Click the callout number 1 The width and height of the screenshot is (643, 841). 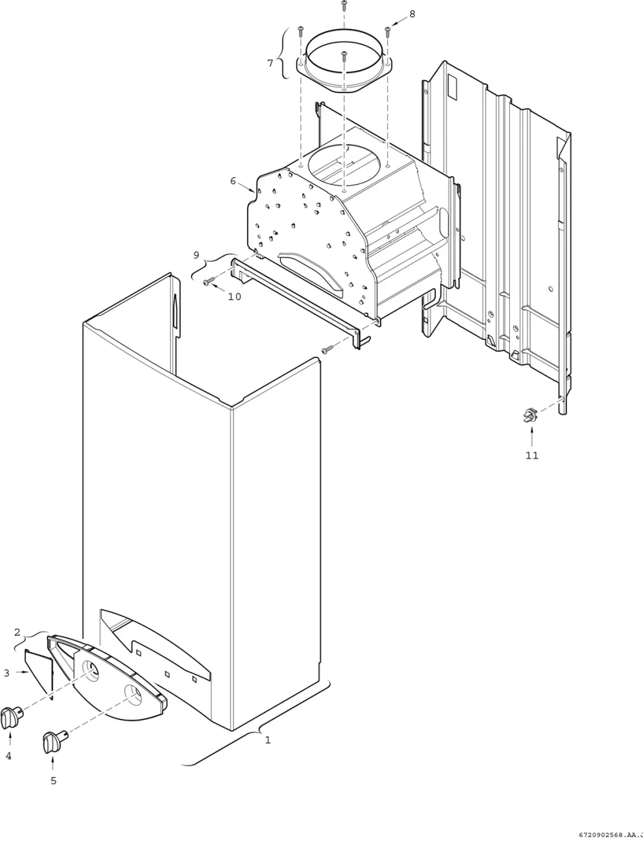coord(268,740)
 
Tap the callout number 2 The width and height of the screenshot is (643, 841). coord(17,632)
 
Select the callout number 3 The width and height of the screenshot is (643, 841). coord(6,673)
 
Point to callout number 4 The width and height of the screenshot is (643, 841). coord(8,755)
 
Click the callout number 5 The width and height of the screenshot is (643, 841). coord(53,781)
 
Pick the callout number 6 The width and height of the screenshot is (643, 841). coord(233,181)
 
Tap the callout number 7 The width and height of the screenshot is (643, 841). coord(270,63)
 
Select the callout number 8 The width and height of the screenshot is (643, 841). coord(412,14)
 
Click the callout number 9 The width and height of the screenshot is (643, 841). coord(197,255)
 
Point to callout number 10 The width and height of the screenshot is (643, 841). coord(235,296)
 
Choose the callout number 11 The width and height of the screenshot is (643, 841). coord(532,455)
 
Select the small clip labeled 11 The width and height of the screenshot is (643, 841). coord(530,415)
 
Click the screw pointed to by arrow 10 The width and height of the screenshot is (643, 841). coord(210,282)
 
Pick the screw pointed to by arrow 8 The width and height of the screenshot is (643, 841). coord(388,32)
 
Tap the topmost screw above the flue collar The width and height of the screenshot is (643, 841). coord(344,6)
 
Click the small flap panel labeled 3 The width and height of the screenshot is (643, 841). coord(39,674)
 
